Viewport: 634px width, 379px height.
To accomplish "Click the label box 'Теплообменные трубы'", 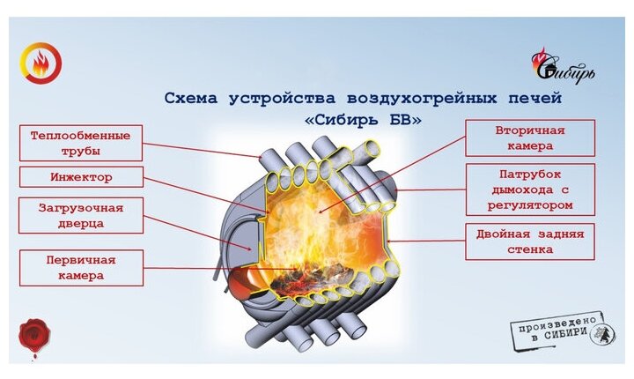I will click(x=80, y=143).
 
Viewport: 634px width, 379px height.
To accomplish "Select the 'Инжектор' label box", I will click(x=80, y=178).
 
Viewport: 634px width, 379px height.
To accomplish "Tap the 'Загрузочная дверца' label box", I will click(x=80, y=215).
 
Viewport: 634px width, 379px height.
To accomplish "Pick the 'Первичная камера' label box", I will click(x=80, y=267).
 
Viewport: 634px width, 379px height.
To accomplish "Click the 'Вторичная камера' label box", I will click(x=530, y=137).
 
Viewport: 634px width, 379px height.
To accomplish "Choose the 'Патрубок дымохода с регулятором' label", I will click(x=530, y=189).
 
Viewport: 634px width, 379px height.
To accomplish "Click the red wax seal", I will click(x=36, y=336).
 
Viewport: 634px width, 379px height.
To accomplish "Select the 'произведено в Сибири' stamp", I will click(x=560, y=331).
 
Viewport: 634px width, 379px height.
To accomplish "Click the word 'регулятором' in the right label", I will click(x=530, y=204).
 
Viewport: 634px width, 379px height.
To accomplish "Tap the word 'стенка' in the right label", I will click(x=530, y=250).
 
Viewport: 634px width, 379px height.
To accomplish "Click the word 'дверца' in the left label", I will click(x=80, y=224).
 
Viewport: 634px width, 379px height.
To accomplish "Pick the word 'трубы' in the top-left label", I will click(x=80, y=151).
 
